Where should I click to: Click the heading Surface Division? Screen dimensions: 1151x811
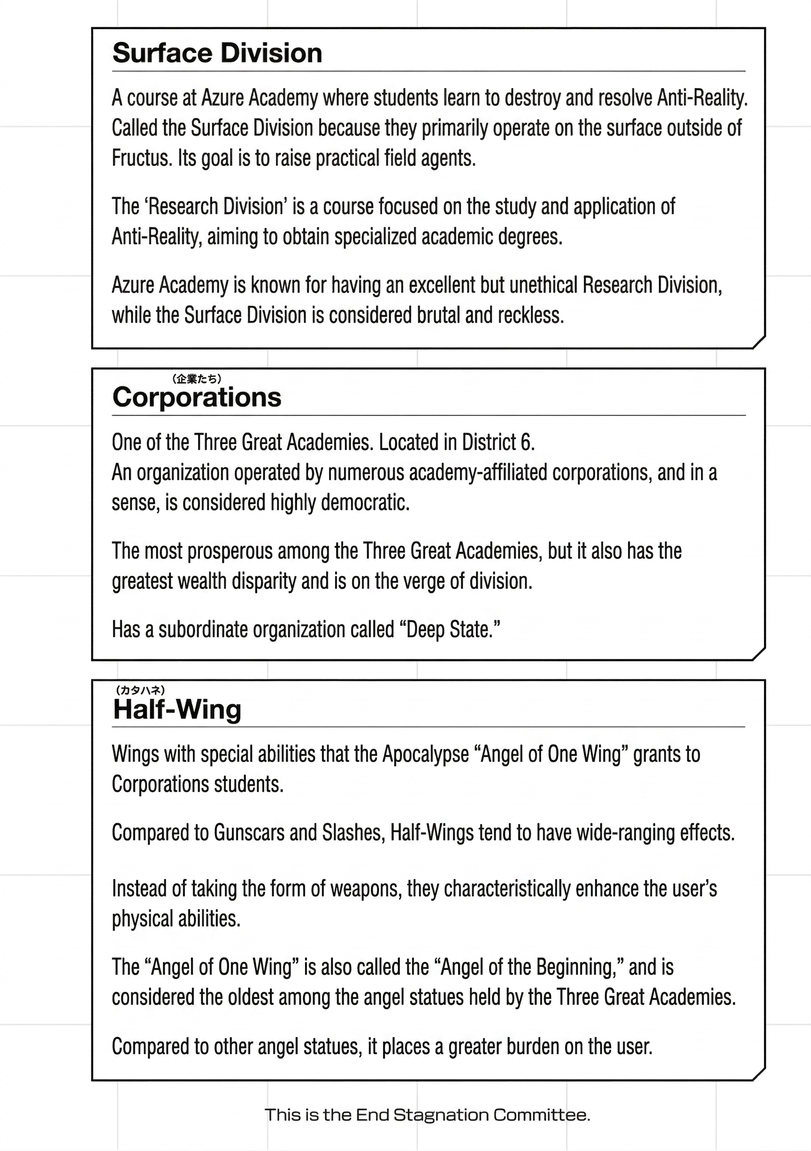pyautogui.click(x=217, y=53)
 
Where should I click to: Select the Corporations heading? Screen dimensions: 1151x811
pyautogui.click(x=197, y=398)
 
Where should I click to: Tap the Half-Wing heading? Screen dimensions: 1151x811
pyautogui.click(x=177, y=709)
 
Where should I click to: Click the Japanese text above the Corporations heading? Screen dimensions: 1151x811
pyautogui.click(x=197, y=379)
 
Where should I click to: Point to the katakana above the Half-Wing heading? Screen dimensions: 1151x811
pyautogui.click(x=140, y=690)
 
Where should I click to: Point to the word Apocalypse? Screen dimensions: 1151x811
pyautogui.click(x=425, y=754)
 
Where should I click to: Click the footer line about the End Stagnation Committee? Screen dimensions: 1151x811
pyautogui.click(x=427, y=1115)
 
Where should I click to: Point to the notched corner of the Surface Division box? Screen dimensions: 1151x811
pyautogui.click(x=759, y=342)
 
